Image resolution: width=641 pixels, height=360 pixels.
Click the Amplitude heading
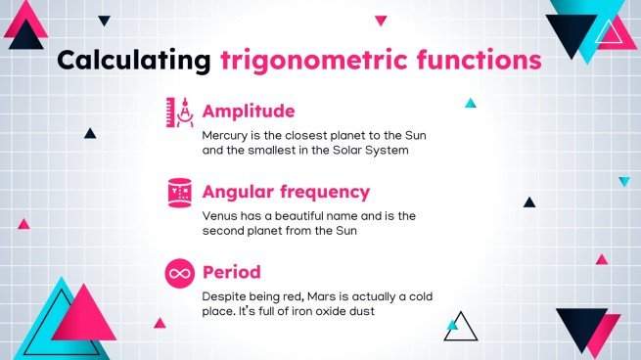point(248,111)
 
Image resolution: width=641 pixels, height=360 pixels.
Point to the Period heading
point(231,271)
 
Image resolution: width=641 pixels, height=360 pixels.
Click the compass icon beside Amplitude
point(180,112)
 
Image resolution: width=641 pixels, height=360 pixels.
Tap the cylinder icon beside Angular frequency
point(180,193)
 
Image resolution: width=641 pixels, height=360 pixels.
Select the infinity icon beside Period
point(180,273)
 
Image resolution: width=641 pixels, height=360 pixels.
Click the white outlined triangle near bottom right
point(459,329)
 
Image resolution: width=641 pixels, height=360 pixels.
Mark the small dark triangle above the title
point(104,20)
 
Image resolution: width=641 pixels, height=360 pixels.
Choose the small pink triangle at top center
point(381,20)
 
